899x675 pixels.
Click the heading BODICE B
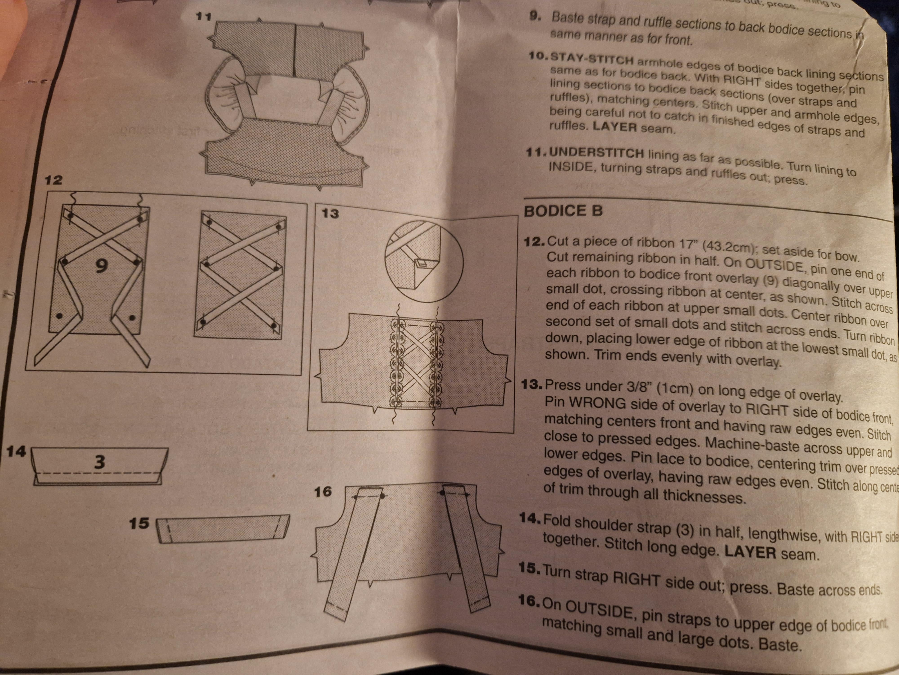click(x=563, y=211)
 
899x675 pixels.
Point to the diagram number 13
click(x=330, y=213)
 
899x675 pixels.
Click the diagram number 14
click(x=16, y=452)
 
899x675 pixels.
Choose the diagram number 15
click(x=139, y=523)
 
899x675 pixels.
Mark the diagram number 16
click(x=323, y=492)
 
